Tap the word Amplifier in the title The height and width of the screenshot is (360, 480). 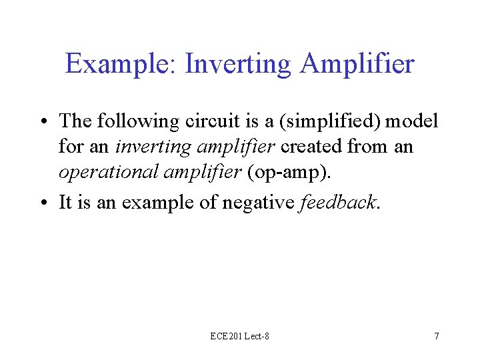(357, 65)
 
